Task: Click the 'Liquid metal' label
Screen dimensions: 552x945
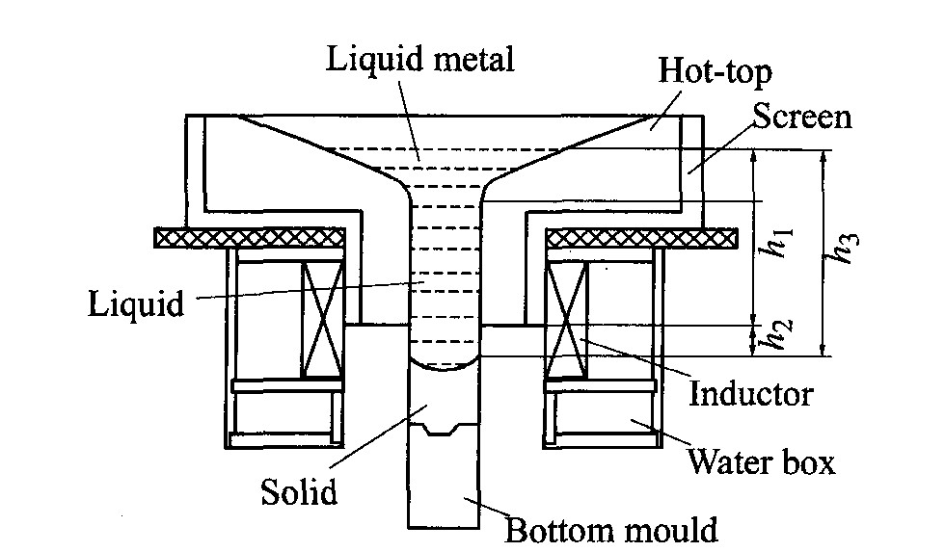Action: pos(419,60)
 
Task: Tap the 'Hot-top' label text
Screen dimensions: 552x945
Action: pos(715,71)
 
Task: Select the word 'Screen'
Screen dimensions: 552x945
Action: pos(802,118)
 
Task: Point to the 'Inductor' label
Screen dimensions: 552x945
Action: pos(751,394)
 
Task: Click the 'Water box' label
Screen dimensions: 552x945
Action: pos(761,463)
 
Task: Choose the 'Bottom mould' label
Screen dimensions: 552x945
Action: pos(611,530)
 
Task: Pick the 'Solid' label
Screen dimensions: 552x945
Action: pos(299,493)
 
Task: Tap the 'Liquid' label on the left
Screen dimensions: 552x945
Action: pos(135,304)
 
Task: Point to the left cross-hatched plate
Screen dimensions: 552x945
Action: pos(250,237)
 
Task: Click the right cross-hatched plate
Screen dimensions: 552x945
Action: pos(641,237)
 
